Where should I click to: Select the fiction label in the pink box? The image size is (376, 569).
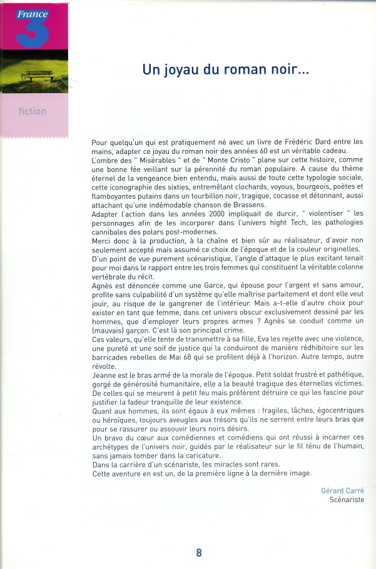coord(33,111)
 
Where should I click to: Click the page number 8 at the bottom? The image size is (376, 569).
coord(199,553)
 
